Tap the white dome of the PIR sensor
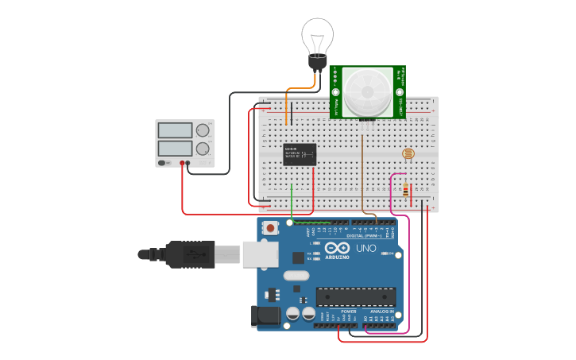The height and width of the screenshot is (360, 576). [367, 91]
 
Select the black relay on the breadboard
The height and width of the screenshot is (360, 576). [300, 153]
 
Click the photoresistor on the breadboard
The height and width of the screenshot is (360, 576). [408, 153]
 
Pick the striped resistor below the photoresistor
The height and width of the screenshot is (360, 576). [405, 191]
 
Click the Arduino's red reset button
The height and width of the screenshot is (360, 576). [270, 228]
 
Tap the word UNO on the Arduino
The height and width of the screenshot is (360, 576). [365, 249]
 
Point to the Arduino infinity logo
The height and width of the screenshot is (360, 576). [336, 248]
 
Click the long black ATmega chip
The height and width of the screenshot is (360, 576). [355, 296]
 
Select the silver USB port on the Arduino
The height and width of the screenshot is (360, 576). [260, 254]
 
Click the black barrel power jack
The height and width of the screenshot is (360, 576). [266, 315]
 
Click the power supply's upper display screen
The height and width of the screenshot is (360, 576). [175, 130]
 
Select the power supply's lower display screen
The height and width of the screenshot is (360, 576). [175, 149]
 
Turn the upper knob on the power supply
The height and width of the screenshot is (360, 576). [203, 130]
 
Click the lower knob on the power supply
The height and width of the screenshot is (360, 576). [203, 149]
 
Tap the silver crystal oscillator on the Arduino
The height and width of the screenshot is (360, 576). [295, 276]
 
